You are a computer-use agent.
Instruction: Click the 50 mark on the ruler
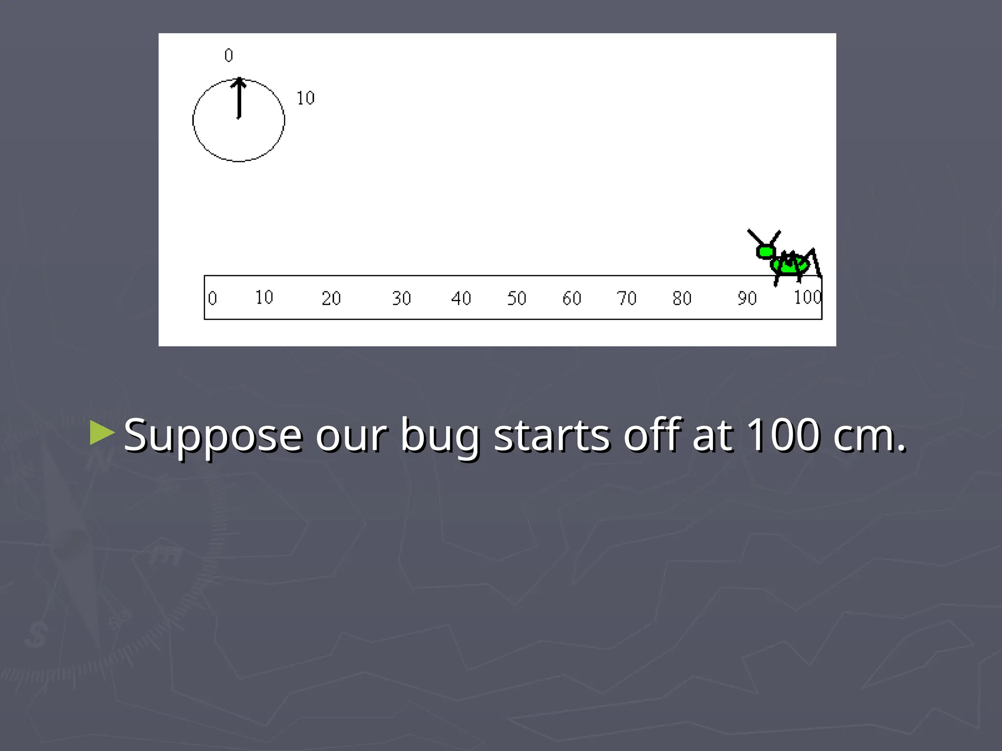(517, 298)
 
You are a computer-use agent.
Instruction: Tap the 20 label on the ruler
(331, 298)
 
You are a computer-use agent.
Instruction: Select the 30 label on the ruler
(401, 298)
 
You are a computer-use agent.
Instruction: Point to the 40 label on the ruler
(461, 298)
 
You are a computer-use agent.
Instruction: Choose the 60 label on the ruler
(571, 298)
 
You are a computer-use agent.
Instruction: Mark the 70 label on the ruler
(626, 298)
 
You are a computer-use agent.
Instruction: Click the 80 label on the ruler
(682, 298)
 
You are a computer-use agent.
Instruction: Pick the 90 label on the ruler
(747, 298)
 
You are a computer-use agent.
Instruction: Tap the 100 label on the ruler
(807, 297)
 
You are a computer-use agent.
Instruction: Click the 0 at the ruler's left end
(212, 298)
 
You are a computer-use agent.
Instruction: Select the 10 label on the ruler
(264, 297)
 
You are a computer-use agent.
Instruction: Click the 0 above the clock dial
(228, 55)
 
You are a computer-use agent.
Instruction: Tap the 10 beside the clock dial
(306, 98)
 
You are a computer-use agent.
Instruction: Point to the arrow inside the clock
(239, 98)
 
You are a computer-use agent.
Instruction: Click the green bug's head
(765, 252)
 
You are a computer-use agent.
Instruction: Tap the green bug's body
(789, 265)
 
